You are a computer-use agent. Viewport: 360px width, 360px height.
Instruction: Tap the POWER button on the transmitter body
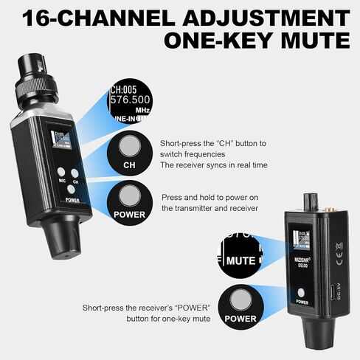coord(72,193)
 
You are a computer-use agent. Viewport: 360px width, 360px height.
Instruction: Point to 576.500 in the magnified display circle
coord(131,99)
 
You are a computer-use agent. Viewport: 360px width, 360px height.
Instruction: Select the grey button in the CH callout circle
coord(130,143)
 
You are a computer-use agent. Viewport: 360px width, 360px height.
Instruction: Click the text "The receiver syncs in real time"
coord(213,165)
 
